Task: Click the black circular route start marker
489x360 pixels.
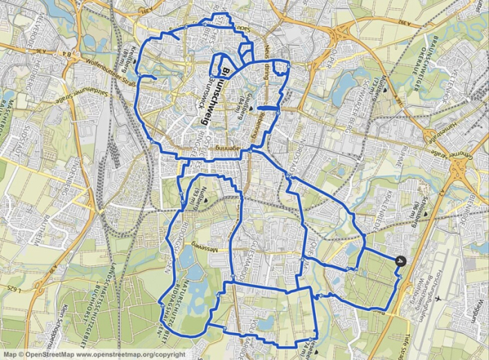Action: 399,261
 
